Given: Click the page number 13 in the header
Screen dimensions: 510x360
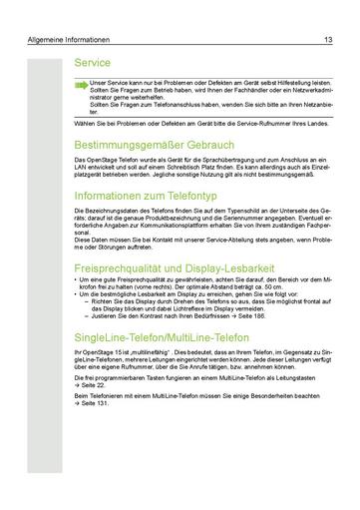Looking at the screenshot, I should (328, 41).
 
